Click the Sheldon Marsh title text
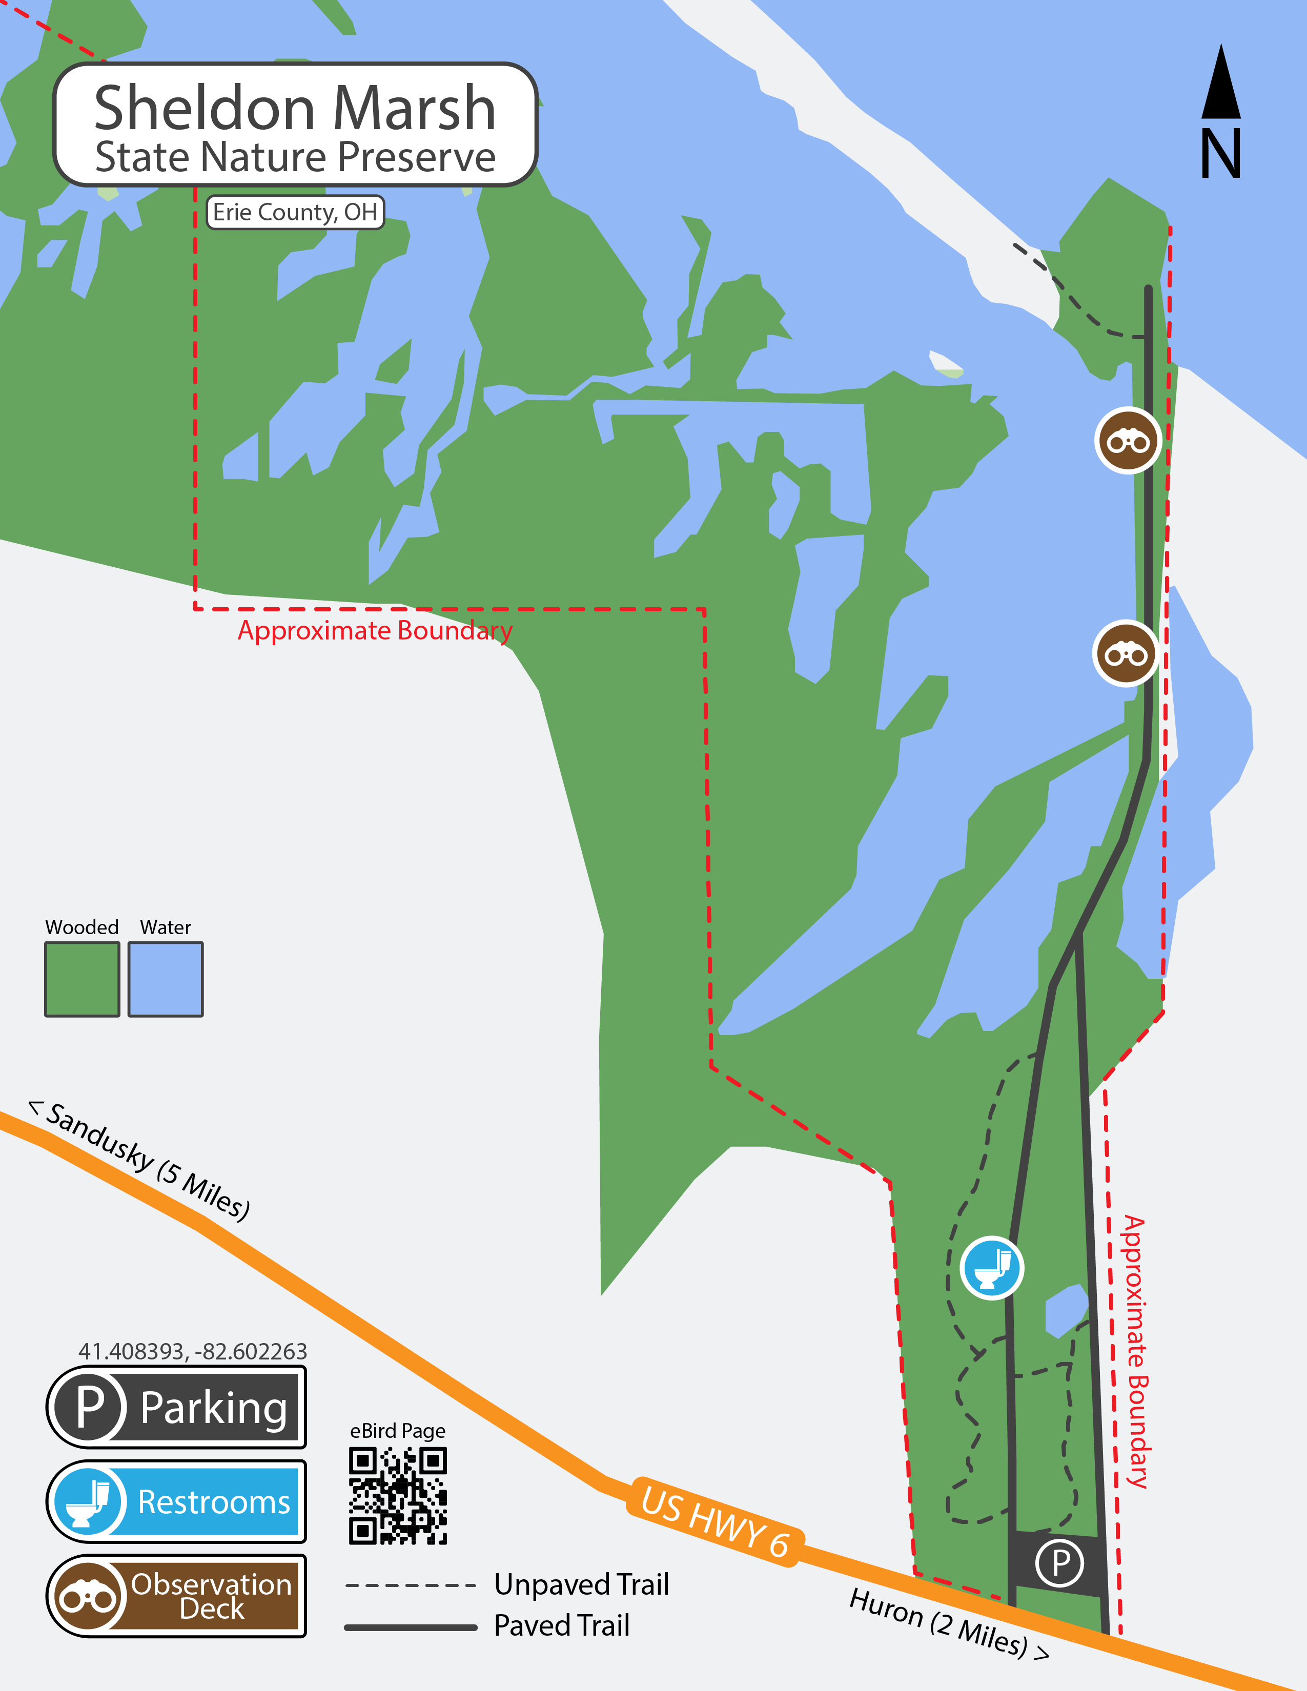pyautogui.click(x=295, y=109)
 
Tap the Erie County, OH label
pyautogui.click(x=295, y=212)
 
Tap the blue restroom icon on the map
pyautogui.click(x=992, y=1268)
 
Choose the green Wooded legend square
pyautogui.click(x=82, y=979)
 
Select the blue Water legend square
pyautogui.click(x=166, y=979)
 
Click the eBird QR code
pyautogui.click(x=398, y=1496)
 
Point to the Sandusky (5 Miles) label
pyautogui.click(x=139, y=1161)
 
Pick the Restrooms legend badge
pyautogui.click(x=176, y=1501)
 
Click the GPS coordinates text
pyautogui.click(x=193, y=1351)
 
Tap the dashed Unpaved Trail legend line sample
pyautogui.click(x=411, y=1585)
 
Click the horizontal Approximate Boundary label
pyautogui.click(x=375, y=630)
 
